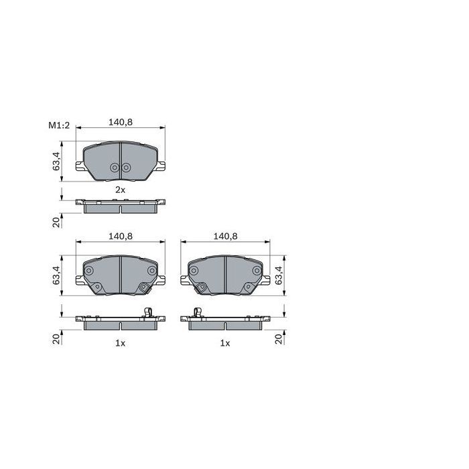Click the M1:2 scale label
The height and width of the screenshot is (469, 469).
pos(59,125)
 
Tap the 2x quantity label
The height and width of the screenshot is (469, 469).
pos(120,190)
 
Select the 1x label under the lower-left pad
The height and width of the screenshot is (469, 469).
pos(120,343)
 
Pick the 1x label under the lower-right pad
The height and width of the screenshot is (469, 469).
pos(225,343)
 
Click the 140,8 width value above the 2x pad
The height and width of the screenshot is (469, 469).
pos(120,122)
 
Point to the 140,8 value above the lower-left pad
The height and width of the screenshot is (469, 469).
pos(120,237)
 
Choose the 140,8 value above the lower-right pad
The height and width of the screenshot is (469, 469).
pos(225,237)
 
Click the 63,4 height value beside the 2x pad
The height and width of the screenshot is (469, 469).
pos(56,161)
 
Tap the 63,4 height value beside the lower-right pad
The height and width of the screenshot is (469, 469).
pos(279,275)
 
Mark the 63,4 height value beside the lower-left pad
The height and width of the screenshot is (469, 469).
pos(56,275)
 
